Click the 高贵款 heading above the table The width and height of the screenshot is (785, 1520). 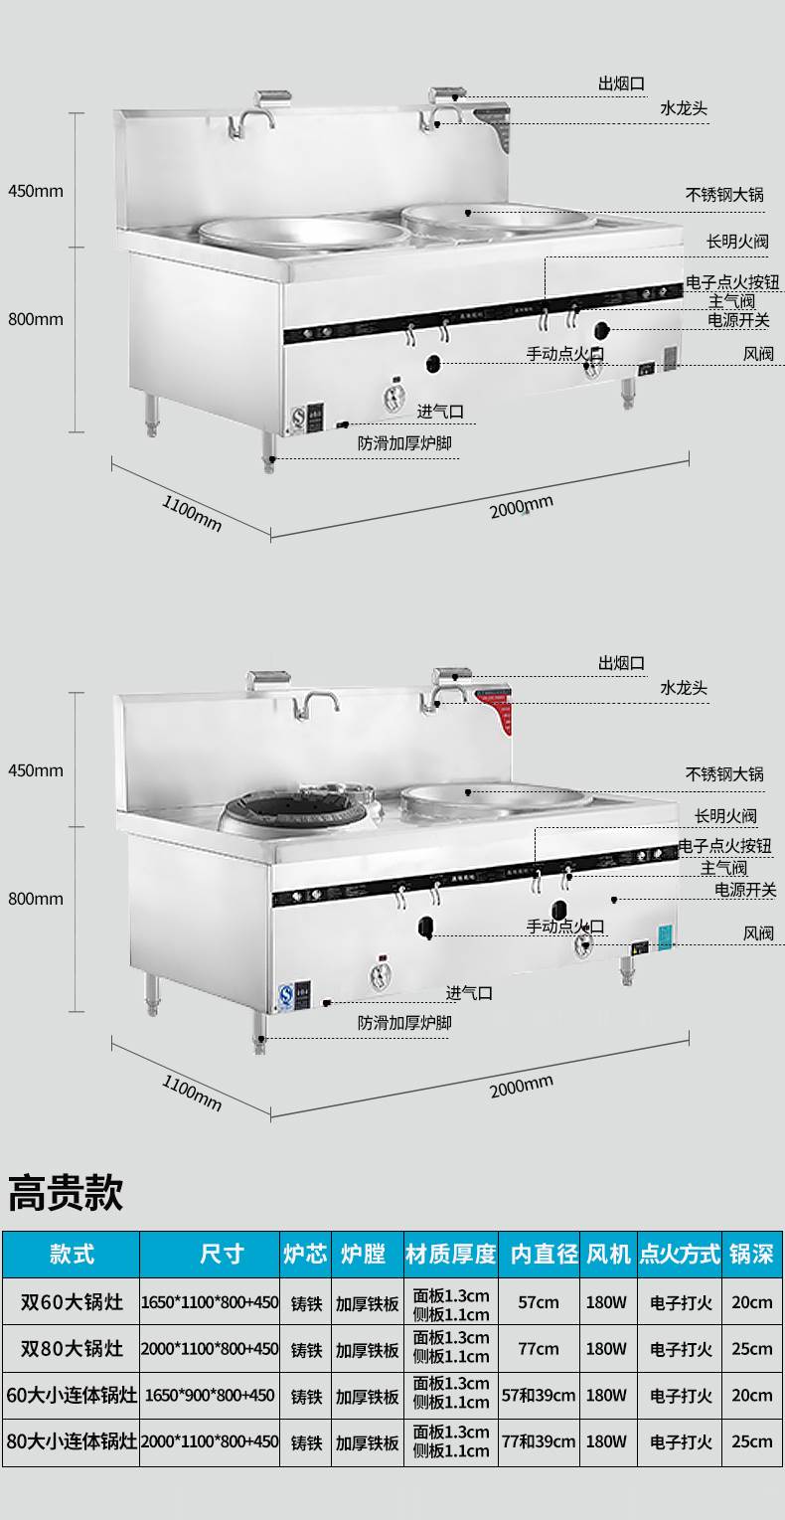tap(66, 1192)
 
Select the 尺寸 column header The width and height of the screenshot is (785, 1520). tap(221, 1254)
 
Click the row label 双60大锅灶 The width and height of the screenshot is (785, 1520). tap(72, 1301)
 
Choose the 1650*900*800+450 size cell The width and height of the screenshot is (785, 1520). tap(209, 1395)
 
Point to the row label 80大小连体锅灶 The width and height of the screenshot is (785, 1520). tap(72, 1440)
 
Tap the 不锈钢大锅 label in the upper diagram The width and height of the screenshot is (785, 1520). tap(724, 195)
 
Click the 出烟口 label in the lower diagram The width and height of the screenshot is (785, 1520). tap(621, 663)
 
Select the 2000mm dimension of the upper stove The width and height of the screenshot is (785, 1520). tap(521, 507)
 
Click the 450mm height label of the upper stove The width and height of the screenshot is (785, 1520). tap(36, 190)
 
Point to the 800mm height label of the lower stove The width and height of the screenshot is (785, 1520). tap(36, 899)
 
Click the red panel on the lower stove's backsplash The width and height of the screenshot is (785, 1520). tap(497, 708)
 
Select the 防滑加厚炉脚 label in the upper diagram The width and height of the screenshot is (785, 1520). tap(404, 442)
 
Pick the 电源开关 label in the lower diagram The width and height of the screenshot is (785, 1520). tap(745, 890)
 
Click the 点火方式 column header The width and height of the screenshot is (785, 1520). tap(680, 1254)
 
